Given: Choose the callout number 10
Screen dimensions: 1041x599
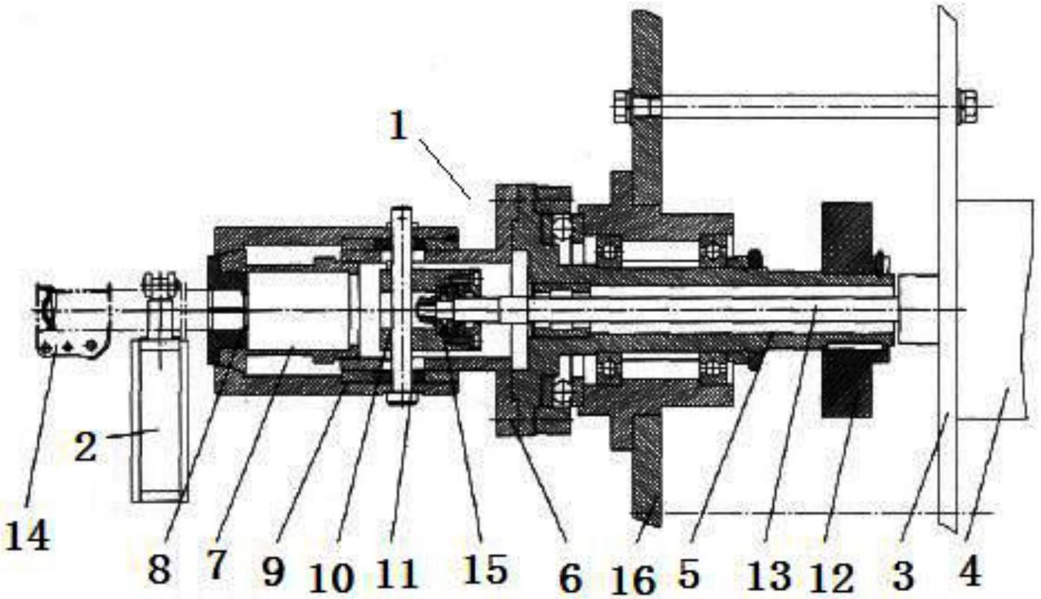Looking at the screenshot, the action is tap(332, 577).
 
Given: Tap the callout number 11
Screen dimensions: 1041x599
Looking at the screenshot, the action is tap(397, 573).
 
